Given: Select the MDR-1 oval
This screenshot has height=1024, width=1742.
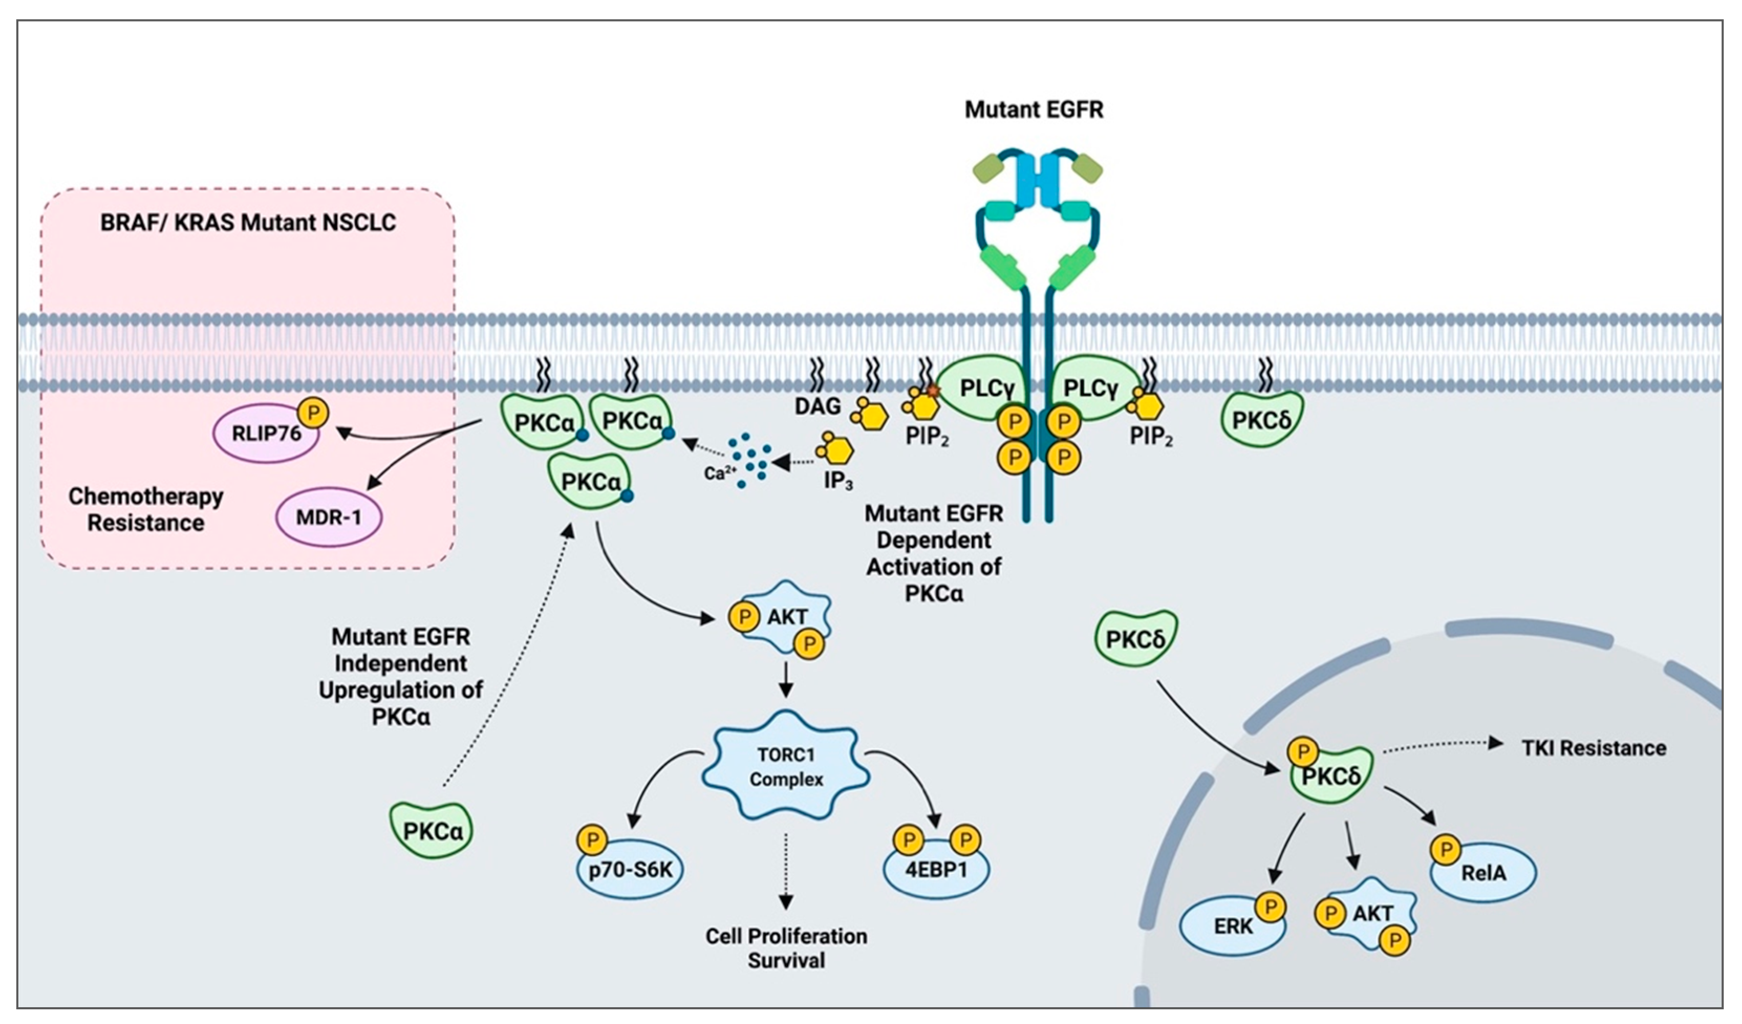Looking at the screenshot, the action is click(329, 517).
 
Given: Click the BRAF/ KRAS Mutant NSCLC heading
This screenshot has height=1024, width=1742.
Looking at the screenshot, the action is click(248, 222).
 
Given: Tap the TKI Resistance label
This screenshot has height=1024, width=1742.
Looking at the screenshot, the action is click(1594, 748).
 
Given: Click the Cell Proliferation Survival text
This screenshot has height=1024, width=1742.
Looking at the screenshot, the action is click(787, 948).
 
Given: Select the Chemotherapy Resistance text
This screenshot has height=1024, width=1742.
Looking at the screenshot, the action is click(146, 509).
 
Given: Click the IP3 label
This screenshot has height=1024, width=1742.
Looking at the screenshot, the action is click(838, 481).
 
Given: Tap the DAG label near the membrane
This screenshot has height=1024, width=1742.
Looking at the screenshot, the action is click(818, 406).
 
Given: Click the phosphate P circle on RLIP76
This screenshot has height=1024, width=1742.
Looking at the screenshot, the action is click(313, 413).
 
